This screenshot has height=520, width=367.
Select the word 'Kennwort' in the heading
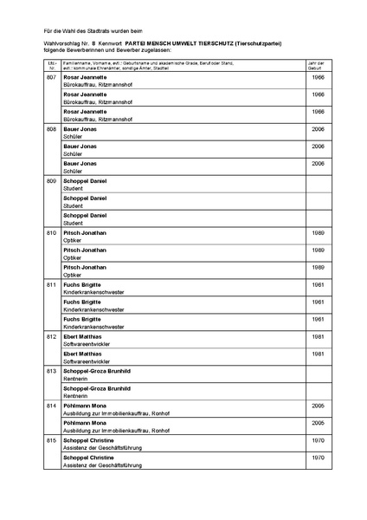click(109, 41)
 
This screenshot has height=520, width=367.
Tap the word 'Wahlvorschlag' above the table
click(60, 41)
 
